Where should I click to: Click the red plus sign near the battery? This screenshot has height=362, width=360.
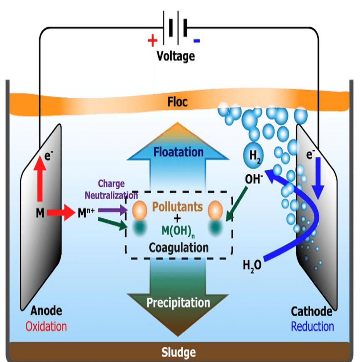click(x=152, y=40)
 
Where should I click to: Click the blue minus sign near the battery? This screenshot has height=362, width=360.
click(x=197, y=40)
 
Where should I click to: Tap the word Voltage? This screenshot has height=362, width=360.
click(x=176, y=56)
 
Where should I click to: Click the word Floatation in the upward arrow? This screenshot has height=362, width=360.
click(x=178, y=152)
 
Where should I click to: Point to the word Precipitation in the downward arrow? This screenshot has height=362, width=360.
click(x=178, y=302)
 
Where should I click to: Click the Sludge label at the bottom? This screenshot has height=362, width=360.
click(x=179, y=352)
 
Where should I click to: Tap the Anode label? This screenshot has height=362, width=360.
click(x=46, y=311)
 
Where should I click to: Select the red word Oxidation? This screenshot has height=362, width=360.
click(x=46, y=326)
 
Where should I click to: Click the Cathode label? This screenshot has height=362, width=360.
click(x=312, y=311)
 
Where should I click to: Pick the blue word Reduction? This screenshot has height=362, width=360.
click(x=312, y=326)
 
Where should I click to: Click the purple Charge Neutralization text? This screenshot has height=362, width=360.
click(x=111, y=189)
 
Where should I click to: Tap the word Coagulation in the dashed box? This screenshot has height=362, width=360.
click(x=179, y=247)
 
